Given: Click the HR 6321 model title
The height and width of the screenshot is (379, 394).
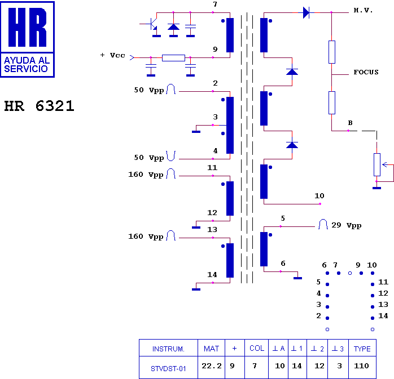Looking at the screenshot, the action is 39,106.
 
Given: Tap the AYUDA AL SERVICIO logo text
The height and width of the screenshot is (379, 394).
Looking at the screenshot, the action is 27,64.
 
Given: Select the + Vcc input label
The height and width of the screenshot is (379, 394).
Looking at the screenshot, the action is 112,55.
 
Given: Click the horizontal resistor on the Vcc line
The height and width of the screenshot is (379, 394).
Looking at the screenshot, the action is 173,58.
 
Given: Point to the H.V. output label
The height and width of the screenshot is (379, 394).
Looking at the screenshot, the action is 363,10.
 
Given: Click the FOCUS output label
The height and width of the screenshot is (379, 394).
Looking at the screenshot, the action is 366,72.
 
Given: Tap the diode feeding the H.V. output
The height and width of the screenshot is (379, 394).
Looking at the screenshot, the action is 306,12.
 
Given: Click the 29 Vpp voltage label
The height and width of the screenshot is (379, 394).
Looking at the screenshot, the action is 347,225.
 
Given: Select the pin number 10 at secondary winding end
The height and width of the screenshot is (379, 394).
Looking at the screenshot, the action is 319,195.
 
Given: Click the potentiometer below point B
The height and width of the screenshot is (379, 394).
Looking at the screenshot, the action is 377,164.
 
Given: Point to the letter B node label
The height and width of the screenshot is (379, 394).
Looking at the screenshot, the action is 351,123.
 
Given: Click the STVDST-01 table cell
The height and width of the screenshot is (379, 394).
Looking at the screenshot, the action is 168,369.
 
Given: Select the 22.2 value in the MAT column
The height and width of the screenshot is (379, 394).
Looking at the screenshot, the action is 212,366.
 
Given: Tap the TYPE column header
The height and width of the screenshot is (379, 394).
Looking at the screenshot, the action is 362,349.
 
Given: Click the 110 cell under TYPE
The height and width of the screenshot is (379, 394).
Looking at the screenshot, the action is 361,366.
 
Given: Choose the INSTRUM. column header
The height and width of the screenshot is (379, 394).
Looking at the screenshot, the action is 168,349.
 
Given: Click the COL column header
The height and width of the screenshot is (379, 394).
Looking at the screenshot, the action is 257,348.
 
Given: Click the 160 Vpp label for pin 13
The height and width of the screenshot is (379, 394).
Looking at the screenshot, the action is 146,237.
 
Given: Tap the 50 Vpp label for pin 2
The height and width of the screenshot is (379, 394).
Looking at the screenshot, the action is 149,90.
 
